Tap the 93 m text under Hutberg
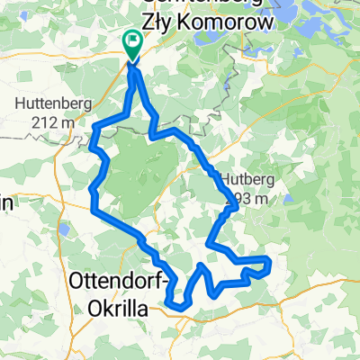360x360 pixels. tap(251, 197)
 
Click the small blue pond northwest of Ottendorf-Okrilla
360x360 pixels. tap(66, 231)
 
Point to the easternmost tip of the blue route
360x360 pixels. tap(269, 262)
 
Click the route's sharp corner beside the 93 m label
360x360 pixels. tap(236, 206)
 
